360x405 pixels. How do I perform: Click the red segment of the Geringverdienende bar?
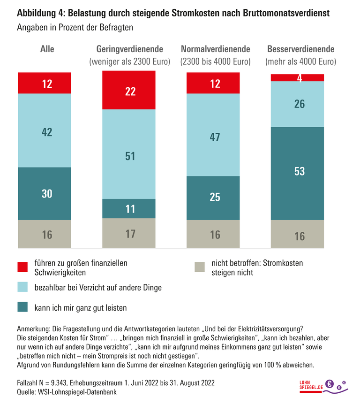click(129, 90)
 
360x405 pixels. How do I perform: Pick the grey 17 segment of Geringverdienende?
click(129, 233)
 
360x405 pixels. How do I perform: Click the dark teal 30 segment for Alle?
click(45, 193)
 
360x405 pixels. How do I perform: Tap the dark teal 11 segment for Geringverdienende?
click(129, 209)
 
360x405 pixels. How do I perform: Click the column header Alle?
click(47, 49)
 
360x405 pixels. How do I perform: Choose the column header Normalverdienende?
click(215, 49)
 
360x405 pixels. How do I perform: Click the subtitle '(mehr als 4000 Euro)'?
click(300, 61)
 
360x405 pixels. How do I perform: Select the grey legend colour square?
click(200, 267)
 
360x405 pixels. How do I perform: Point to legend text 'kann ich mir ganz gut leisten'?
click(80, 308)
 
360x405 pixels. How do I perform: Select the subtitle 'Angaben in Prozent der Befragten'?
click(75, 27)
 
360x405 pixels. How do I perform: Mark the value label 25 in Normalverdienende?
click(215, 197)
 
